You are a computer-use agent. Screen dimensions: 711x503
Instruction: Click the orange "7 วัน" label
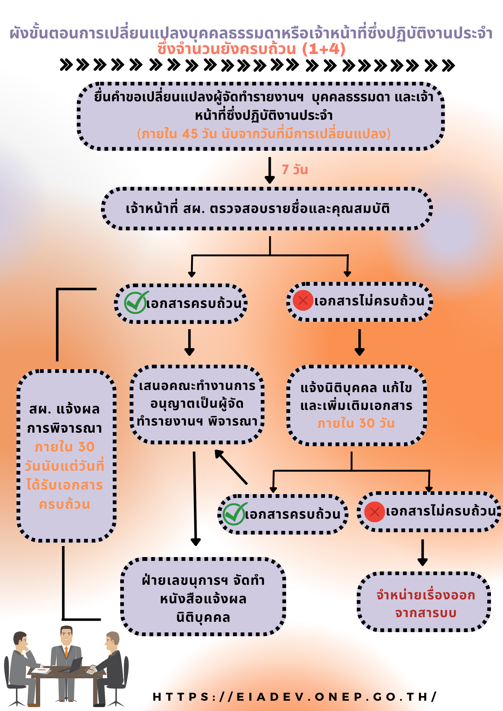point(295,170)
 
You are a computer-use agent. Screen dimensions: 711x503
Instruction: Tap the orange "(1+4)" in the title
point(324,49)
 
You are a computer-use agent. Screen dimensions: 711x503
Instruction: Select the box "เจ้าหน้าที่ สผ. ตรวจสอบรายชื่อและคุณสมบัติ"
point(267,209)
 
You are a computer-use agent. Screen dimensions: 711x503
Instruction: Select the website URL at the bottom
point(295,697)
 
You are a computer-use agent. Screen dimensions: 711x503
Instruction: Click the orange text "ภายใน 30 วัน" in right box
point(356,423)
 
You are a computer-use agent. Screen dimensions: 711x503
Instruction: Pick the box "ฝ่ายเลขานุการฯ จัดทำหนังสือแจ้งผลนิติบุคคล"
point(203,599)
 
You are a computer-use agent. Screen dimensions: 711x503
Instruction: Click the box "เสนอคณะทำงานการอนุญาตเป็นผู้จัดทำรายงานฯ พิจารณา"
point(197,405)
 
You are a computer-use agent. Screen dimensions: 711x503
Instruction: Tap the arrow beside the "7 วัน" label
point(270,170)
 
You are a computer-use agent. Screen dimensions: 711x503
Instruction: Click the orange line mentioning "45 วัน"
point(264,134)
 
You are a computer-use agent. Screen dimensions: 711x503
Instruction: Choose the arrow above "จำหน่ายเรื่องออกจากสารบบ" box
point(423,552)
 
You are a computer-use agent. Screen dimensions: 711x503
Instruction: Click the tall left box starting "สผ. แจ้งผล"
point(66,456)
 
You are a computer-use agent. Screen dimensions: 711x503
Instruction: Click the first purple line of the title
point(251,33)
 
